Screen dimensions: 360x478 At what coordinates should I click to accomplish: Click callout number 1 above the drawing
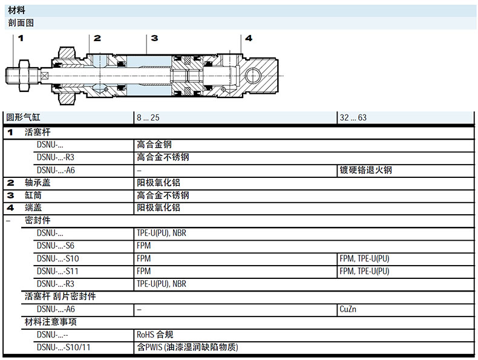(x=20, y=38)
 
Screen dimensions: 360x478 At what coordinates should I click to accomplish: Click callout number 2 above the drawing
(x=97, y=38)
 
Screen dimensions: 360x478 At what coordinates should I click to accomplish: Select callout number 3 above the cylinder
(x=154, y=38)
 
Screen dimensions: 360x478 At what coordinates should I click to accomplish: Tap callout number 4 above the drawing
(x=248, y=38)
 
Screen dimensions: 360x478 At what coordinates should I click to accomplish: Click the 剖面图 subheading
(x=21, y=22)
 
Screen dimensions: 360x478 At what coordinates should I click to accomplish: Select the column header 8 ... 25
(x=148, y=117)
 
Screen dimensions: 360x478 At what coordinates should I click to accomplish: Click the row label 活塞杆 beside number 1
(x=38, y=132)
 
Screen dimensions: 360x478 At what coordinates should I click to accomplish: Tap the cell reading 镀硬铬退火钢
(x=365, y=170)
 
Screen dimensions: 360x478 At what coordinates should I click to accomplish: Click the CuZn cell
(x=348, y=309)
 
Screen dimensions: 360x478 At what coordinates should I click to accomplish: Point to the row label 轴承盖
(x=38, y=183)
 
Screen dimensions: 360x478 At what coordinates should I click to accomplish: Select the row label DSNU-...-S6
(x=56, y=246)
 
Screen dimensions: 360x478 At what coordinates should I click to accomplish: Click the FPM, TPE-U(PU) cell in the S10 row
(x=364, y=258)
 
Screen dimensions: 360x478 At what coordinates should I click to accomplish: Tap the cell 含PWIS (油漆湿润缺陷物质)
(x=187, y=347)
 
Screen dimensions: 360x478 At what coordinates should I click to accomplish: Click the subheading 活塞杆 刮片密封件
(x=60, y=296)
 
